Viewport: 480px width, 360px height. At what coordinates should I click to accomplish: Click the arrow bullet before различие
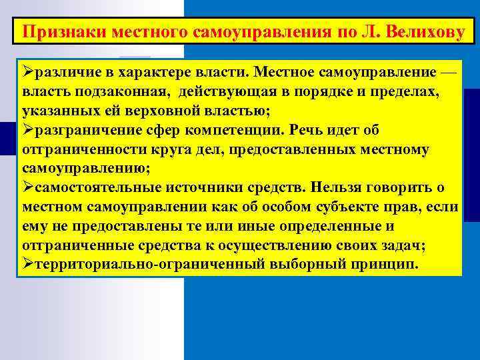click(27, 71)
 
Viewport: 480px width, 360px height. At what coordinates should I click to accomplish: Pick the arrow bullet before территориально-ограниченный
click(27, 263)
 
